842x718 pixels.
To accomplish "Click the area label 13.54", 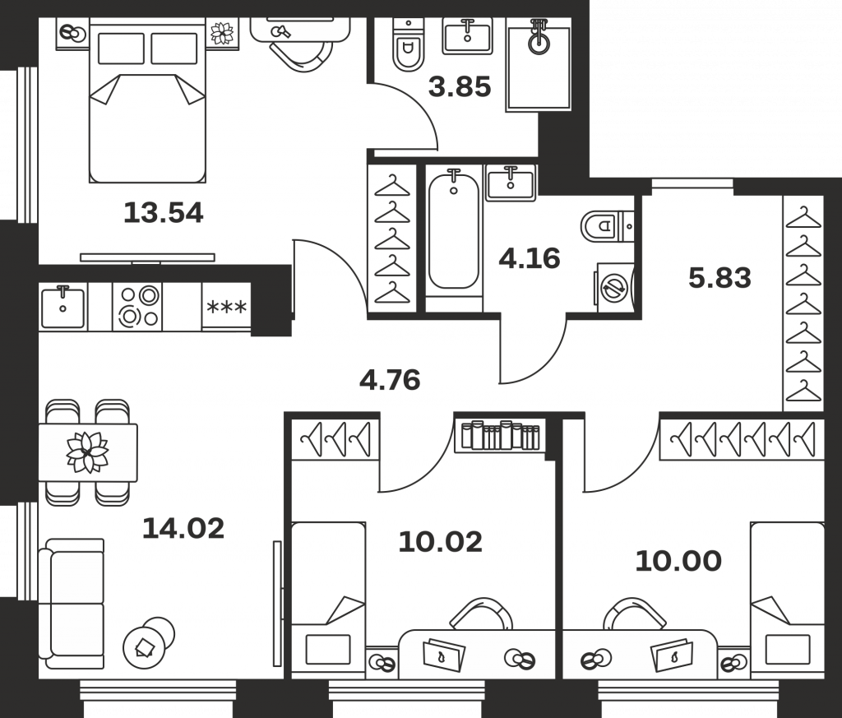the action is click(x=164, y=213).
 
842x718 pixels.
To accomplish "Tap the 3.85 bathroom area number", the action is click(x=460, y=86).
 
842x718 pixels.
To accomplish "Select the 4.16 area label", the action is click(x=530, y=258).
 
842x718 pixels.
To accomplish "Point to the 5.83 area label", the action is click(x=719, y=278).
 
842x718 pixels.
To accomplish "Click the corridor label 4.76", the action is click(x=390, y=380).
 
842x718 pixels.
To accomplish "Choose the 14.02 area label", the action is click(x=183, y=529).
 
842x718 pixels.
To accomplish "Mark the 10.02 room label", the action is click(x=441, y=542).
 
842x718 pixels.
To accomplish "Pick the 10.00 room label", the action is click(x=678, y=561).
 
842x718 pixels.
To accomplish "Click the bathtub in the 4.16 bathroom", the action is click(x=454, y=231).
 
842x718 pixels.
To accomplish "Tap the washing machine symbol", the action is click(x=614, y=286).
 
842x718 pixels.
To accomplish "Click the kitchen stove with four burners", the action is click(x=137, y=306).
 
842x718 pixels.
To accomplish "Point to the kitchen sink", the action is click(x=62, y=306).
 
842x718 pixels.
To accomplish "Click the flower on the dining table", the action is click(x=87, y=452).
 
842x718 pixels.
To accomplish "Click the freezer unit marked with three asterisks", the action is click(x=227, y=307).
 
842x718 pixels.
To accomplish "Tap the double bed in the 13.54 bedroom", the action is click(x=148, y=100).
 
